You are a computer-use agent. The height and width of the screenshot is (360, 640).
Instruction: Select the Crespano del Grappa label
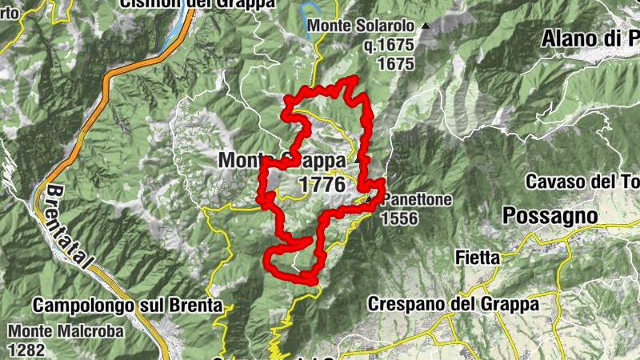pos(453,304)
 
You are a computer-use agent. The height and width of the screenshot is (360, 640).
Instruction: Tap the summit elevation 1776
pos(322,185)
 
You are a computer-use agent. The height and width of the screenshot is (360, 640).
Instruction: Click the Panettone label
pos(416,199)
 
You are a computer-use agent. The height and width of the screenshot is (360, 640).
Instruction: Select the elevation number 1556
pos(400,217)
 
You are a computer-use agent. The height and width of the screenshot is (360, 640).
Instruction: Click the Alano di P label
pos(590,38)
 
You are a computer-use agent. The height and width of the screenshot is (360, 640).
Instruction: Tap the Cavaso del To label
pos(582,182)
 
